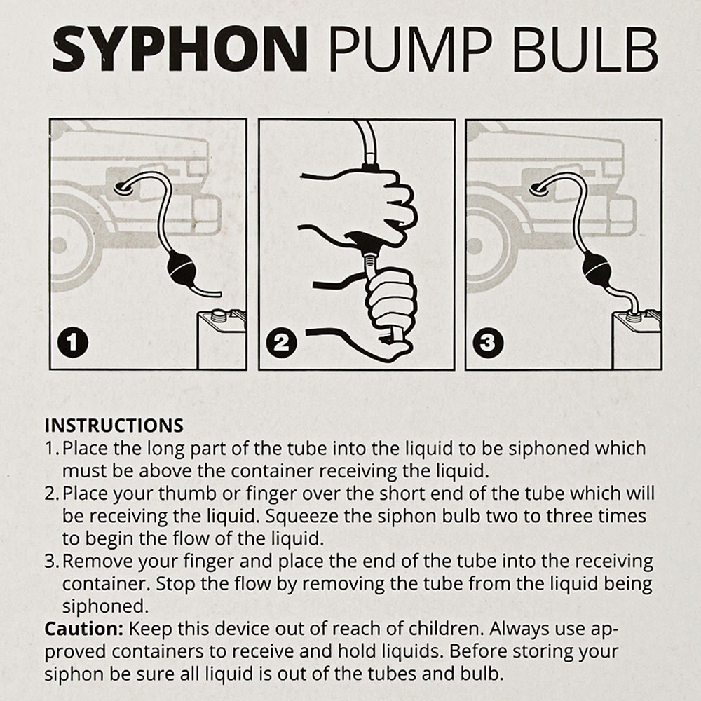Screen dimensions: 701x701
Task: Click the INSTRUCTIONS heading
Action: point(114,426)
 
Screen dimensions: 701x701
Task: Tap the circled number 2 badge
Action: point(281,343)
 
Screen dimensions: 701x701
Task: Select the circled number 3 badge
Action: point(488,343)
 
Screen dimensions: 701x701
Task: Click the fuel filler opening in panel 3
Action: point(539,186)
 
